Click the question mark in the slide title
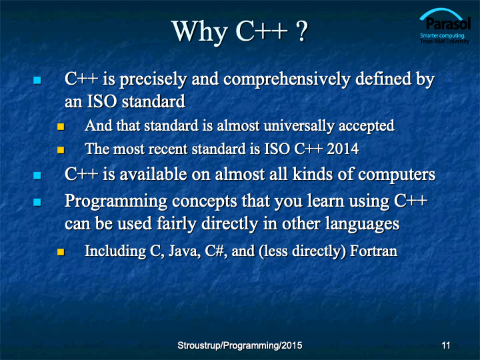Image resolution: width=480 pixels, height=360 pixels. click(301, 31)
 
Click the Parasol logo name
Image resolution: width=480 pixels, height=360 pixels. click(448, 24)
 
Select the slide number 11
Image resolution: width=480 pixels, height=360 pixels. click(446, 345)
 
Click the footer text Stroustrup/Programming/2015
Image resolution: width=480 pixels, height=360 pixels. click(240, 345)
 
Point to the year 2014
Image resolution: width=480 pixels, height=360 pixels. click(343, 149)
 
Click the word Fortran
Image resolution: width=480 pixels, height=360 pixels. click(373, 251)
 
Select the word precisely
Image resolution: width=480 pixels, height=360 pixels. click(153, 79)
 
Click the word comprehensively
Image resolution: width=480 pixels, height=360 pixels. click(287, 79)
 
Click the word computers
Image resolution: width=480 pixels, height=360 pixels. click(397, 175)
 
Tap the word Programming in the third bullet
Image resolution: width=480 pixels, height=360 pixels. click(116, 202)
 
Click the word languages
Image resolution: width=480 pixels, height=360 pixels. click(362, 225)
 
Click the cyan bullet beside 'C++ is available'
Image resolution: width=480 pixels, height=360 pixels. click(37, 175)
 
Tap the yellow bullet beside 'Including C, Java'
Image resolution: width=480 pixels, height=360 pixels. click(61, 251)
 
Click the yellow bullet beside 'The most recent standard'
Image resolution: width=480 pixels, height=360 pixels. click(61, 150)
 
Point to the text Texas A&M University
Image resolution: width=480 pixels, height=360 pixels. click(445, 41)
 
